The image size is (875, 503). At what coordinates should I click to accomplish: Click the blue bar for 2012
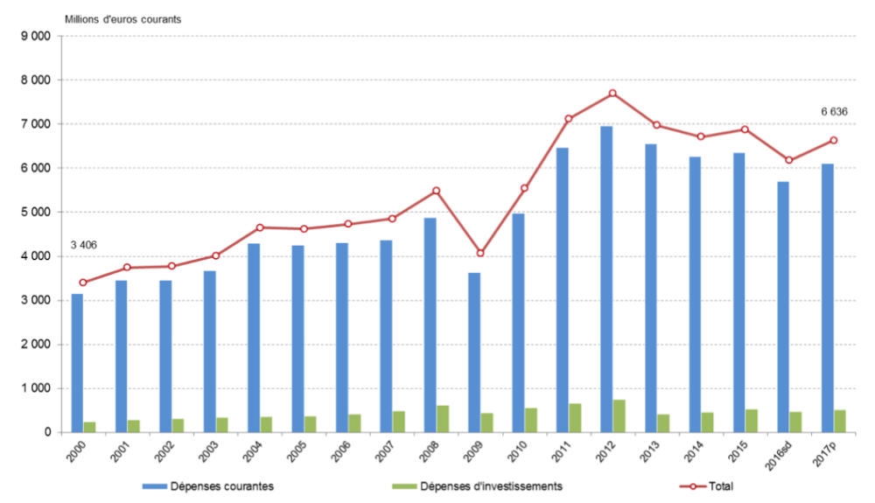pyautogui.click(x=606, y=280)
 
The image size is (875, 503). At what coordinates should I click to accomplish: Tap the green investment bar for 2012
pyautogui.click(x=619, y=416)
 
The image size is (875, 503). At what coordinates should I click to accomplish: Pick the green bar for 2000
pyautogui.click(x=90, y=427)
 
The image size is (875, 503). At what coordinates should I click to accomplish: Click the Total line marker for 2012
pyautogui.click(x=612, y=94)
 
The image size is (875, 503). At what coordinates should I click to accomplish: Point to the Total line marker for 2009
pyautogui.click(x=480, y=253)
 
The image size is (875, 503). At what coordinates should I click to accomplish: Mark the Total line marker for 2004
pyautogui.click(x=260, y=227)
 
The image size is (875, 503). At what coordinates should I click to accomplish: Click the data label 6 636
pyautogui.click(x=834, y=111)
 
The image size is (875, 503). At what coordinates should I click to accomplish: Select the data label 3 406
pyautogui.click(x=83, y=245)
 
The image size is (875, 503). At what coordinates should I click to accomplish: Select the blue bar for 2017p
pyautogui.click(x=827, y=298)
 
